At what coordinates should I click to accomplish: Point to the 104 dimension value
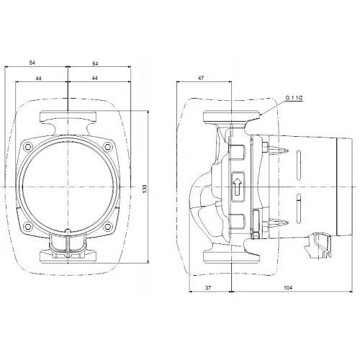(x=288, y=287)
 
